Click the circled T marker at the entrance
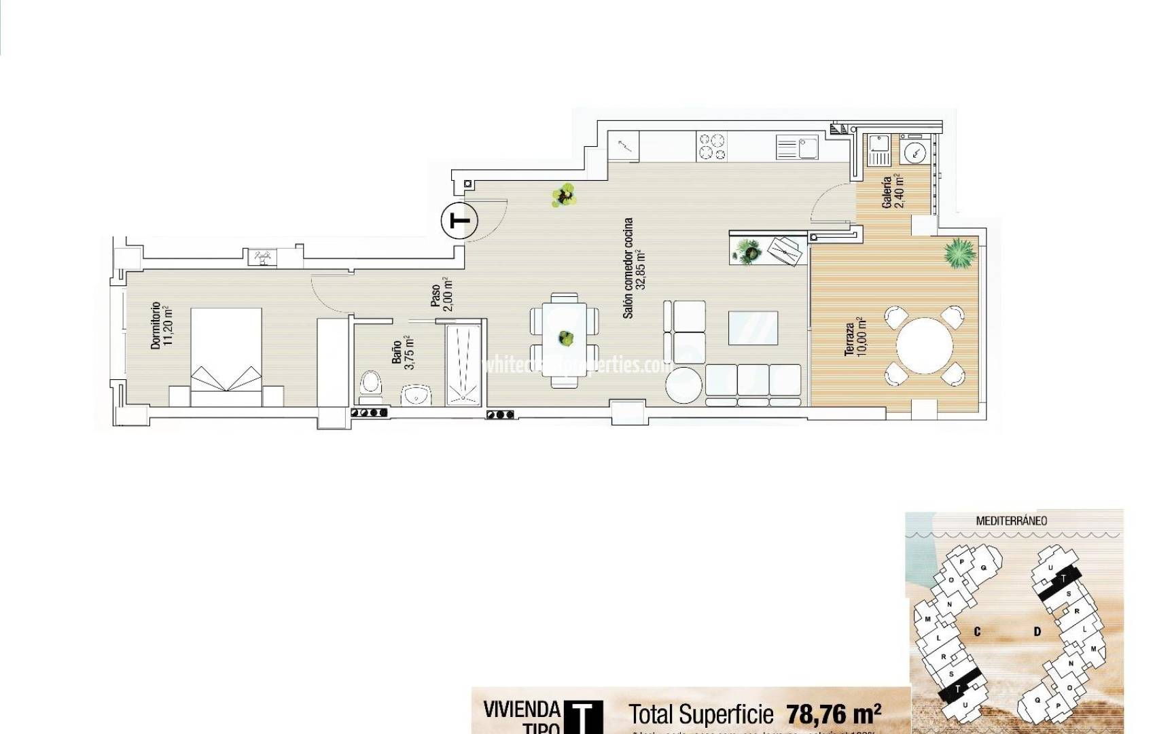[460, 221]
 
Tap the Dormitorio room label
[162, 326]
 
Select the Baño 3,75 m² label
[402, 352]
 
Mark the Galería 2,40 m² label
[892, 192]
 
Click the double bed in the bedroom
[226, 357]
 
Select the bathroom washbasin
[416, 394]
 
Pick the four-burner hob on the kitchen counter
[712, 147]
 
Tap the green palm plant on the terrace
[959, 254]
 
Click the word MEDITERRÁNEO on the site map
[1011, 521]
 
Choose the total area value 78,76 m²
[834, 714]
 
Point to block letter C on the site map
[977, 631]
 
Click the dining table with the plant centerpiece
[565, 338]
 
